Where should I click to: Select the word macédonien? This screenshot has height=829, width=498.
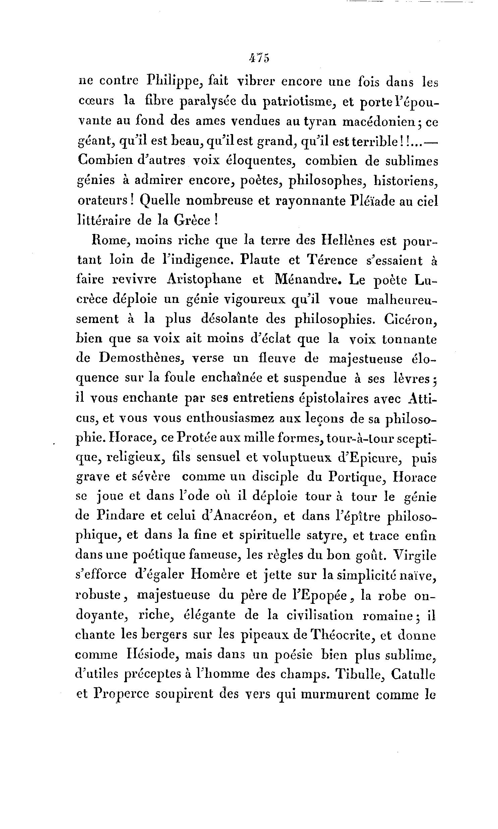[381, 121]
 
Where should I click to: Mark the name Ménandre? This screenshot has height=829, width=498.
[305, 279]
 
